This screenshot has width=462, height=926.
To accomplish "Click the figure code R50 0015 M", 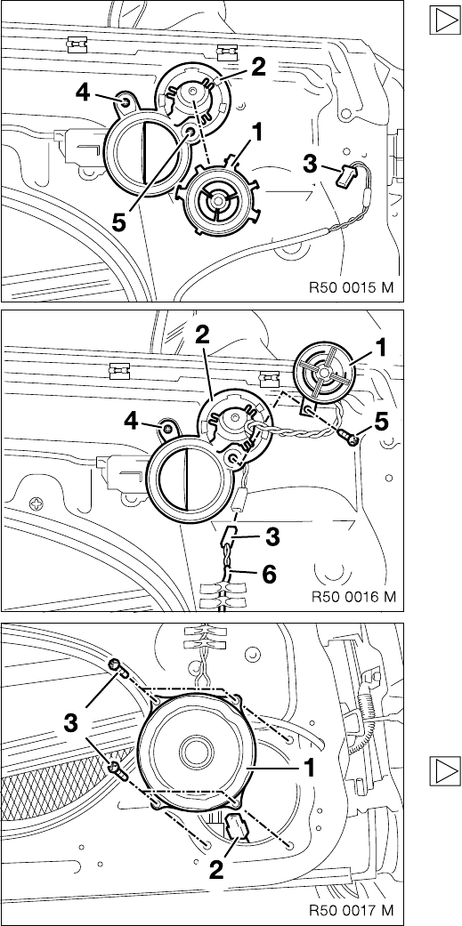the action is coord(351,289).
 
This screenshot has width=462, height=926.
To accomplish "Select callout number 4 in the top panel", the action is coord(84,93).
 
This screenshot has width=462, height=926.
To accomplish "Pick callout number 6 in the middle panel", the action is coord(268,574).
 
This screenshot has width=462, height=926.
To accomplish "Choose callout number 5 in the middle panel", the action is coord(383,421).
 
